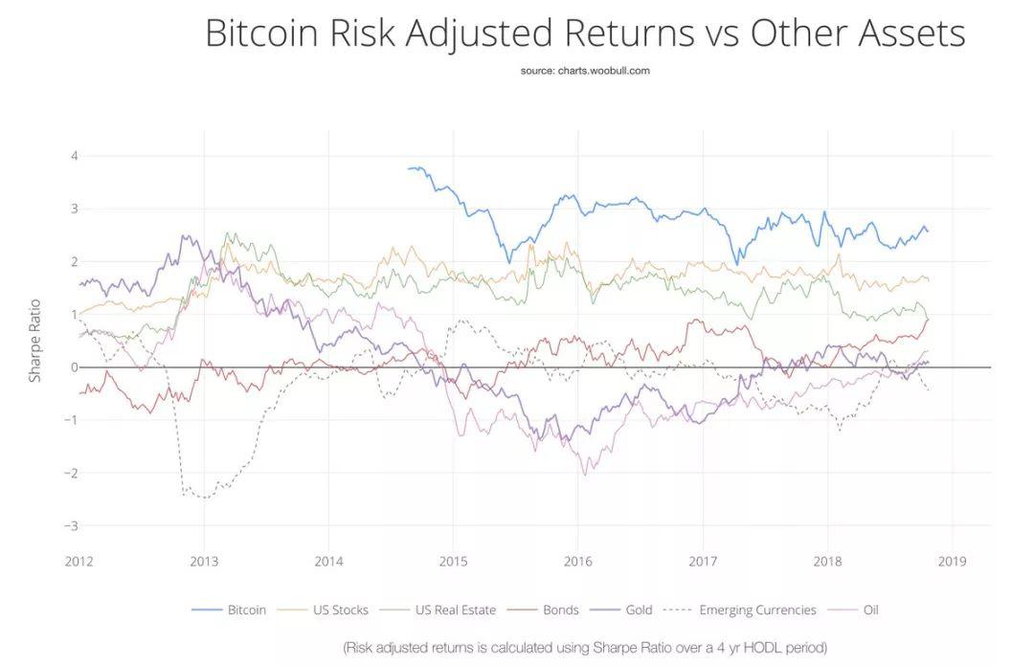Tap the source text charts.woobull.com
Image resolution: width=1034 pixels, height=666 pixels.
[585, 71]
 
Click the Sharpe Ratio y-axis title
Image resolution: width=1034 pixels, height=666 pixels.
[35, 341]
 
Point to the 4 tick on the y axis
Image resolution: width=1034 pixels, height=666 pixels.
[75, 156]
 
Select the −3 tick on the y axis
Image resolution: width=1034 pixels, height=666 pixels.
[71, 526]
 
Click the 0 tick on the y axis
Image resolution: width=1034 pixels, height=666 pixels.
[75, 367]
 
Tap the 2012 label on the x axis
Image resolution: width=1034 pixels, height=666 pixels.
[79, 561]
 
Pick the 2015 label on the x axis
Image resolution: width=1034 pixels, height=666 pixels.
[453, 561]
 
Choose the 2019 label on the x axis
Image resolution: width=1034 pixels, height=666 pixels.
[952, 561]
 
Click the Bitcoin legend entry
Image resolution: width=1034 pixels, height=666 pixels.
[229, 610]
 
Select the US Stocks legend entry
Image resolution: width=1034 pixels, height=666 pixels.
[323, 610]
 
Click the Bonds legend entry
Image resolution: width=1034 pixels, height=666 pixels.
[543, 610]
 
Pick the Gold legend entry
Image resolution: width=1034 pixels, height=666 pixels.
[621, 610]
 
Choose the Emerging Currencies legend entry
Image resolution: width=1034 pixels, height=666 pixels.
[739, 610]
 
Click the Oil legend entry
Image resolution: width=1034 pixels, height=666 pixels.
[853, 610]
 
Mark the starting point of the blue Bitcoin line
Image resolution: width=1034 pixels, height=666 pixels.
[408, 168]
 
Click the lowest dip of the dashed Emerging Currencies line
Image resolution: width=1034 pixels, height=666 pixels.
[206, 498]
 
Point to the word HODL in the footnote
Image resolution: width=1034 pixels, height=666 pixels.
[765, 648]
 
